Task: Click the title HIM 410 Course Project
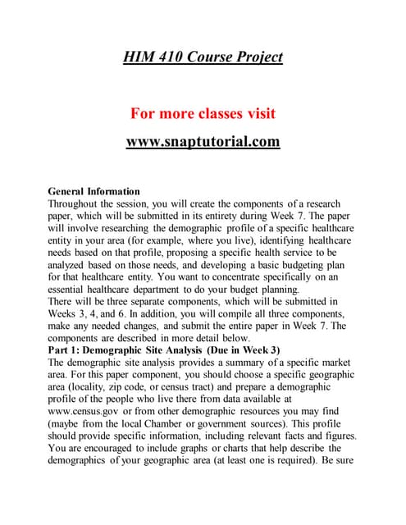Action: pos(203,57)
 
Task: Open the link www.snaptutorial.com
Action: pos(203,141)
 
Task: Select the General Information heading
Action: pos(94,191)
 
